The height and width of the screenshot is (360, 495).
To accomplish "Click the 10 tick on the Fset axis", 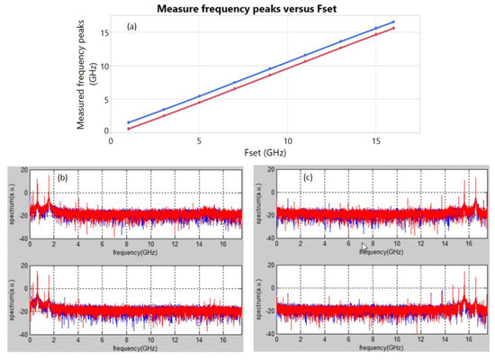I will (287, 140).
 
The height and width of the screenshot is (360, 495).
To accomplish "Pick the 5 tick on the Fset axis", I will (199, 140).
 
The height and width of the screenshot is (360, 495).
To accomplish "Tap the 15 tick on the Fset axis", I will (375, 140).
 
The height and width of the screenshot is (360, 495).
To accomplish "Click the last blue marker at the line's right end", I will (393, 22).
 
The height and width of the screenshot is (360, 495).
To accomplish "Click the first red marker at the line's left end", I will (129, 129).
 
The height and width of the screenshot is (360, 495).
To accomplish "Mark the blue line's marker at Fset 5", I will (199, 95).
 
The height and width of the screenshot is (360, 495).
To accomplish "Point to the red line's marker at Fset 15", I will (375, 35).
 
